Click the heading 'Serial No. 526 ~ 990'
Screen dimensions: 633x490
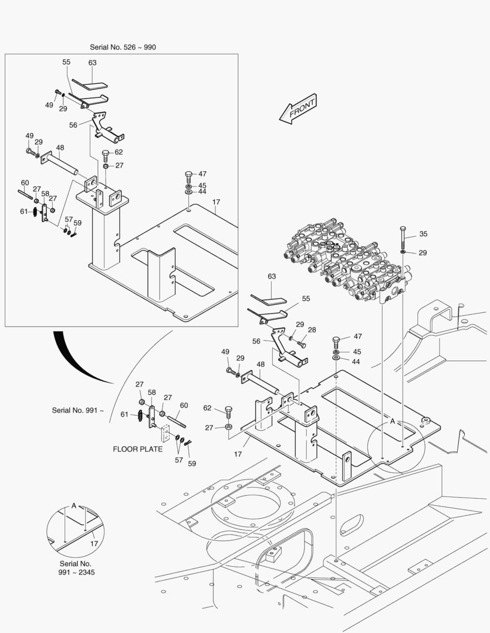pos(123,47)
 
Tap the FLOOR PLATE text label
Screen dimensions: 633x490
pos(138,450)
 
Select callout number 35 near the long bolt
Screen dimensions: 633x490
pos(423,234)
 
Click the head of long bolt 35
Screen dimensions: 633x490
pos(403,228)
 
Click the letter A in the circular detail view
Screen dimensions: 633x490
pos(74,505)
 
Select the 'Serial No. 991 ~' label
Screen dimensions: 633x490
pos(77,410)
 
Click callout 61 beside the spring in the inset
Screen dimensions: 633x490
pos(23,211)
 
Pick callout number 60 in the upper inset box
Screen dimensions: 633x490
pos(25,183)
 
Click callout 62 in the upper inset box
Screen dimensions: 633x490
pos(119,152)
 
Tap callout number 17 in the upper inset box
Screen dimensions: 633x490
pos(216,202)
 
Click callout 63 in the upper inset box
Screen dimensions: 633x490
pos(92,63)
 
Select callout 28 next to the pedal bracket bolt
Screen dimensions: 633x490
pos(312,330)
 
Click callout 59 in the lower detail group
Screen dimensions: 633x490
pos(192,463)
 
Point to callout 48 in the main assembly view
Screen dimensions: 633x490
pos(260,364)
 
